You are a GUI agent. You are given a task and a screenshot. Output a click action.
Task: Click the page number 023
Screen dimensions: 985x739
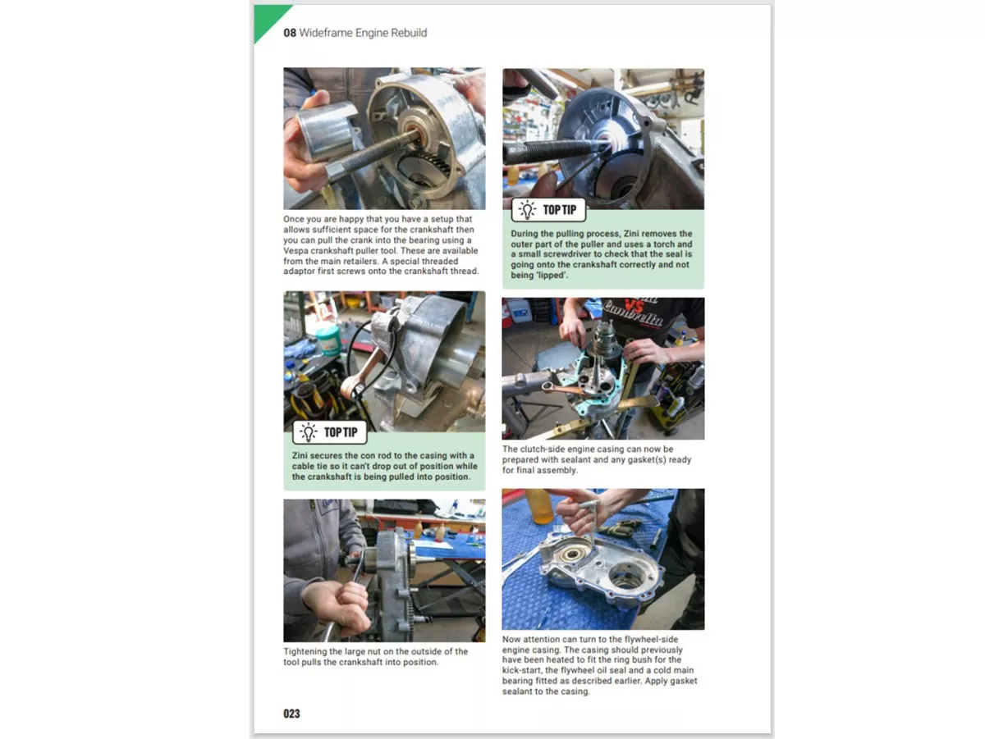tap(291, 714)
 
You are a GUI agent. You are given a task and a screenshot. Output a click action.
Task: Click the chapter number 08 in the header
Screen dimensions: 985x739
tap(290, 33)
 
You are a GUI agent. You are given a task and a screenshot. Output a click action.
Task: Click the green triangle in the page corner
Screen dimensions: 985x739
tap(269, 21)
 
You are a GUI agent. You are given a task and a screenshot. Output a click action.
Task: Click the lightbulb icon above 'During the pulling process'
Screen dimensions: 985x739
tap(527, 210)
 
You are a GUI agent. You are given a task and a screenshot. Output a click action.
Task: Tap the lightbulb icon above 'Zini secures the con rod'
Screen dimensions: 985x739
tap(309, 432)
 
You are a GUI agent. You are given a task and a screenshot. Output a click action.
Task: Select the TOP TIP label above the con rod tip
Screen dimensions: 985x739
tap(341, 432)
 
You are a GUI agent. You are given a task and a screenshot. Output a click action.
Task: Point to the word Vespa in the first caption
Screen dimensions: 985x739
tap(295, 251)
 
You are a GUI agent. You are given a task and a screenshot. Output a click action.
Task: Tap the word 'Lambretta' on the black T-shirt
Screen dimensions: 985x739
tap(634, 313)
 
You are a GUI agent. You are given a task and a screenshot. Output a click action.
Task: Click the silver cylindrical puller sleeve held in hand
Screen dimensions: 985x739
tap(319, 131)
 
